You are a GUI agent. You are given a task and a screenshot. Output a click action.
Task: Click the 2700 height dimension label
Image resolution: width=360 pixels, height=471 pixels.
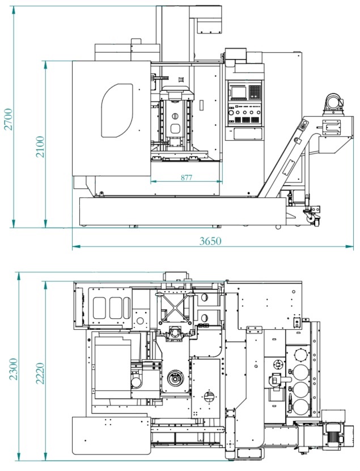9,119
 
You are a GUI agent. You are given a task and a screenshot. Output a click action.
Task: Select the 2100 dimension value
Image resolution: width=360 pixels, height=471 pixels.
40,146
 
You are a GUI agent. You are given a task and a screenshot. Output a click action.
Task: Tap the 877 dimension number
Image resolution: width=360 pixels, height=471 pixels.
187,178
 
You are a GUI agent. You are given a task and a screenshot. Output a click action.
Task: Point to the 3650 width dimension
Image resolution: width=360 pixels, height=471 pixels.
210,241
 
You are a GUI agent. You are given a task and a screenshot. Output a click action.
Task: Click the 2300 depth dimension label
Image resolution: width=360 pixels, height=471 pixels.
14,369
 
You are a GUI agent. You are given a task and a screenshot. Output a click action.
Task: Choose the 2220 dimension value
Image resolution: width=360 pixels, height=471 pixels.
40,373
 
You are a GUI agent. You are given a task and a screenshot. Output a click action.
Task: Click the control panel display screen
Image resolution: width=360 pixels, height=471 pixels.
239,92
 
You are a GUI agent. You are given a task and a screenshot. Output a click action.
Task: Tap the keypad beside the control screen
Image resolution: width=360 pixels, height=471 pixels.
255,92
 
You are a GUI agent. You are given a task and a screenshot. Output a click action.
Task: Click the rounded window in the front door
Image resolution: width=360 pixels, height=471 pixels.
117,111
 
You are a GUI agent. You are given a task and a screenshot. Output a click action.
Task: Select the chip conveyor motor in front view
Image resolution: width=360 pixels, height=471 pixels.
333,104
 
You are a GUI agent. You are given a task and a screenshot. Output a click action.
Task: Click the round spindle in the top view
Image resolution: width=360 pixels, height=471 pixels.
175,379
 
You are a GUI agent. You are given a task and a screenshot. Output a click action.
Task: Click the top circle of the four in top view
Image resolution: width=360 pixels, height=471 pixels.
302,355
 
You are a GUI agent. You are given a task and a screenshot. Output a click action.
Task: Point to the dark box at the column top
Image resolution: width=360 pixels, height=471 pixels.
209,26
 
